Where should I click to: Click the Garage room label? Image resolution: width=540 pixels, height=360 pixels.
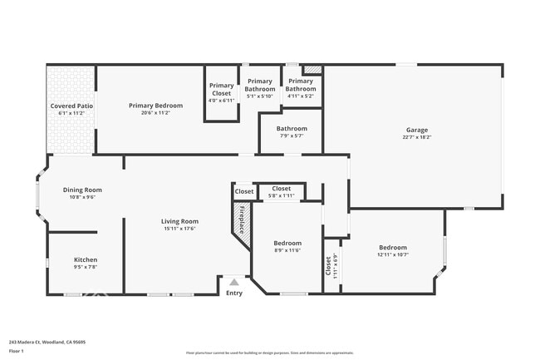[417, 130]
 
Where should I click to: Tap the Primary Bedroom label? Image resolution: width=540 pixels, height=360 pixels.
[155, 106]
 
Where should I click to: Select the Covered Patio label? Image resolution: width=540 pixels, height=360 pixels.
[71, 106]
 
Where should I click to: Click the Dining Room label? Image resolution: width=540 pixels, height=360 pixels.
[82, 190]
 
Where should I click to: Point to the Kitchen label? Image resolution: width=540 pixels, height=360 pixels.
[86, 259]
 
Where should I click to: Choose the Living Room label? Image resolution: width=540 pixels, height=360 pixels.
[179, 221]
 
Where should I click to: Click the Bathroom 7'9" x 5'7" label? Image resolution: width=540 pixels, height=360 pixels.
[292, 129]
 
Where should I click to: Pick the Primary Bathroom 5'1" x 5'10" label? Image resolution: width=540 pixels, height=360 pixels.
[260, 84]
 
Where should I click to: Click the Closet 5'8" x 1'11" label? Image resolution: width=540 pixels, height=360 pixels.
[282, 189]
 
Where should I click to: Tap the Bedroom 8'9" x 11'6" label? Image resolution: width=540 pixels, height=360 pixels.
[287, 244]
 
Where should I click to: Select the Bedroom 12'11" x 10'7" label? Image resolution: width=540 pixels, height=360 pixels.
[393, 248]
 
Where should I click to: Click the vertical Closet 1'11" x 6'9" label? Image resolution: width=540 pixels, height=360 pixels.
[330, 265]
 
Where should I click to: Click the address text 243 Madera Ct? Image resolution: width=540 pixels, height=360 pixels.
[47, 341]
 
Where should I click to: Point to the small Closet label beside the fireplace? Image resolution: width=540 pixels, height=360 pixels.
[244, 191]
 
